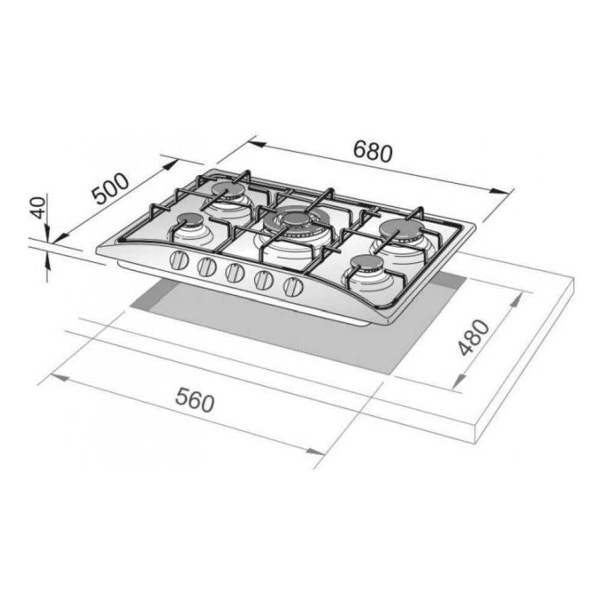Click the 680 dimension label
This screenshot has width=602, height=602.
(373, 151)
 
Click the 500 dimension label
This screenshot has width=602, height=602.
(112, 188)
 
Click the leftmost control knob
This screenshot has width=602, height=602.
(178, 260)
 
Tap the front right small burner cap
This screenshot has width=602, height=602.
(367, 263)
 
